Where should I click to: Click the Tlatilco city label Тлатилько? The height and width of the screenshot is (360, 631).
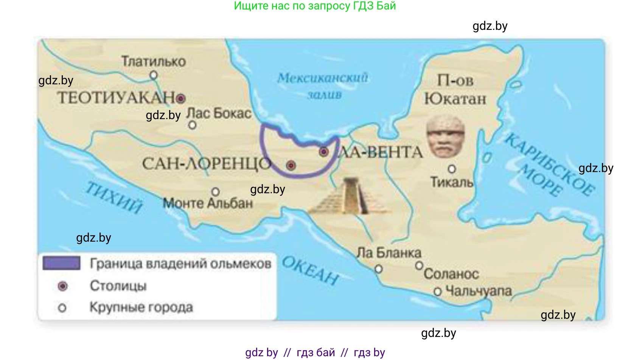coord(153,61)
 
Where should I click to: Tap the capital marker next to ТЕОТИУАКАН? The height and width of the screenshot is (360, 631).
coord(181,99)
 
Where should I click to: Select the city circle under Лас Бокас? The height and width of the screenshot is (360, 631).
coord(192,125)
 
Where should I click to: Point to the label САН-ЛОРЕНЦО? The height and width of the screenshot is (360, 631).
coord(207,164)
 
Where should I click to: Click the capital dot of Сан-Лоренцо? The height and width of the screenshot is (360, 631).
coord(291,165)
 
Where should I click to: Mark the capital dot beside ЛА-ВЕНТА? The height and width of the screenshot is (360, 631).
coord(323,152)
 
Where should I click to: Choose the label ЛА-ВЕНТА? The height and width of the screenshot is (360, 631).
coord(380,152)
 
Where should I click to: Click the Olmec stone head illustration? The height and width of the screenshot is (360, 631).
coord(445,136)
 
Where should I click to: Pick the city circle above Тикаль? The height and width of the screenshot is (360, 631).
coord(452,169)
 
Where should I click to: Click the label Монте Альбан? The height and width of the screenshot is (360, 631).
coord(208,203)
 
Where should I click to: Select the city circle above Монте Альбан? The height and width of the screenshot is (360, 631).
coord(216,192)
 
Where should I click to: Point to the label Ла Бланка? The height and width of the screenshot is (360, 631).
coord(389,253)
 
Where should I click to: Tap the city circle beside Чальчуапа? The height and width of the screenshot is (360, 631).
coord(438,292)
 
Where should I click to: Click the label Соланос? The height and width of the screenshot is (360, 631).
coord(451,274)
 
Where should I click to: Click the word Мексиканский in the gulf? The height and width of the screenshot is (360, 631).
coord(323,78)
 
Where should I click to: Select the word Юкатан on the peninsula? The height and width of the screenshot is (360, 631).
coord(455,99)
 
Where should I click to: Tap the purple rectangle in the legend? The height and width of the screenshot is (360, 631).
coord(61,263)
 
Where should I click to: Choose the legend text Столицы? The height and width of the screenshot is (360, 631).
coord(118,286)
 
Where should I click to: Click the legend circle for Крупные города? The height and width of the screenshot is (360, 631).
coord(62,308)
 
